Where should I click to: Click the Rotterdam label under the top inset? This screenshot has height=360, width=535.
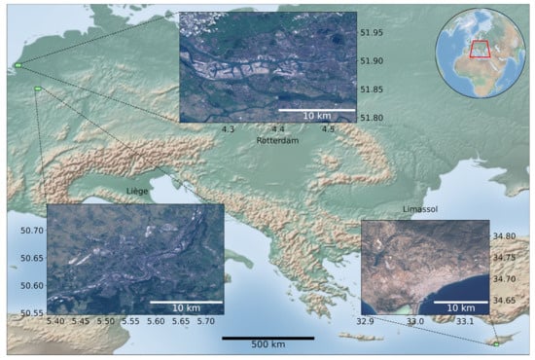coord(276,140)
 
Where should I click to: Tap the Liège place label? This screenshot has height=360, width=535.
coord(136,192)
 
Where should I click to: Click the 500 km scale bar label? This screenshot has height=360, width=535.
coord(267,346)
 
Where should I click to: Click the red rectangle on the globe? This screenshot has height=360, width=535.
coord(481,50)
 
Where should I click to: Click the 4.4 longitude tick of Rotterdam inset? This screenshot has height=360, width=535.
coord(277,129)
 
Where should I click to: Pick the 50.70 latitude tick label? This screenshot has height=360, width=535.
coord(30,231)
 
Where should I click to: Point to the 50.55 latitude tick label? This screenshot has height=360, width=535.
coord(30,313)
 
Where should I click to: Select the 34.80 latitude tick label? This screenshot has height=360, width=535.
coord(504,236)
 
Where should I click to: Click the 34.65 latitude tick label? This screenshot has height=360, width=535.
coord(504,301)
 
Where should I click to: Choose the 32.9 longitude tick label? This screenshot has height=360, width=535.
coord(365,321)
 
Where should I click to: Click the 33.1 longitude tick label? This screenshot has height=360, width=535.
coord(465,321)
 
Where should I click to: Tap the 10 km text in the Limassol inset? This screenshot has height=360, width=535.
coord(454,307)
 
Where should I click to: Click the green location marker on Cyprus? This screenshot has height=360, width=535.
coord(495,344)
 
